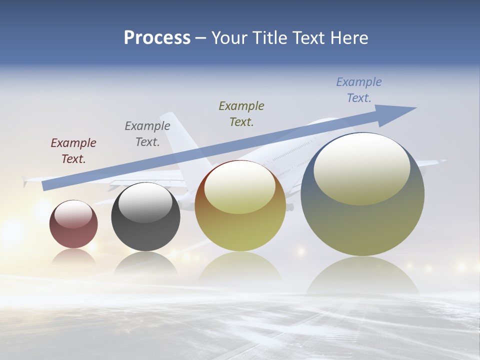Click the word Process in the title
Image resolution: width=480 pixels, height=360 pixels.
[x=157, y=38]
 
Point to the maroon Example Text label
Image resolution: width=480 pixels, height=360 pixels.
[x=73, y=151]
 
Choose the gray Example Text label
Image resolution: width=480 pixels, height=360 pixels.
[x=147, y=134]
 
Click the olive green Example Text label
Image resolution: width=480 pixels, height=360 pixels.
[x=241, y=113]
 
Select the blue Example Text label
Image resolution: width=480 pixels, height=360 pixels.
[x=359, y=90]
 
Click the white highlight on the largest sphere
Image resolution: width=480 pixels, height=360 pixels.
[x=361, y=167]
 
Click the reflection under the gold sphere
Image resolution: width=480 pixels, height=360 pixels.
[x=240, y=267]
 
